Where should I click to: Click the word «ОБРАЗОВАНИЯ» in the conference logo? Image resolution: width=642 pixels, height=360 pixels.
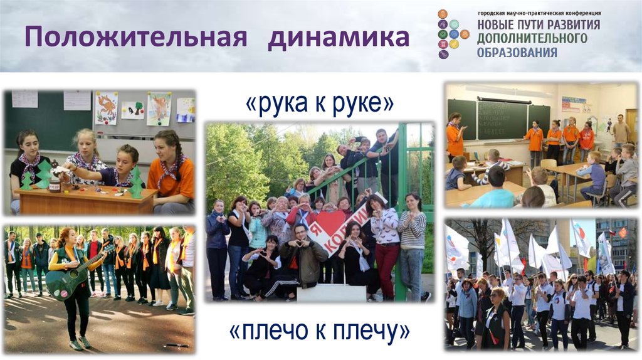coord(517,53)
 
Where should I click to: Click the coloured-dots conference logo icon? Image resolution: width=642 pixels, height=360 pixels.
coord(452,34)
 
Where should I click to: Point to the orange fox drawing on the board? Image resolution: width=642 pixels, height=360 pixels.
coord(106,107)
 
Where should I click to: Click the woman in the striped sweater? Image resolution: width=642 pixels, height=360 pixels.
coord(412,238)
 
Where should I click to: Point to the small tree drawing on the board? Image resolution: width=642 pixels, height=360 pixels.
coord(132,110)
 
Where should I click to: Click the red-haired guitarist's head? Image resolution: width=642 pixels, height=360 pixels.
coord(65,237)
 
